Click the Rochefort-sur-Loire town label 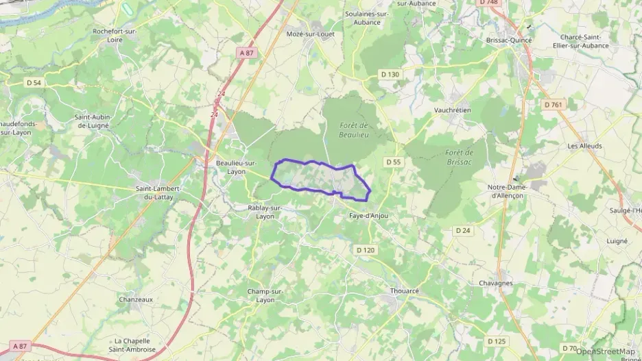115,36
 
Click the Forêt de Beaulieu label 354,129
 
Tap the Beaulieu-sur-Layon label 236,167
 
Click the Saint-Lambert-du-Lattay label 163,192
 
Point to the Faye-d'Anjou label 368,216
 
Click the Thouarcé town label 404,290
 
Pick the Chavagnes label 495,283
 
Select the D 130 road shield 389,74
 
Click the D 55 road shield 392,162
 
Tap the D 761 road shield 552,105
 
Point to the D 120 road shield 366,250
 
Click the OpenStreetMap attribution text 605,351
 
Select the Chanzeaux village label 135,299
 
